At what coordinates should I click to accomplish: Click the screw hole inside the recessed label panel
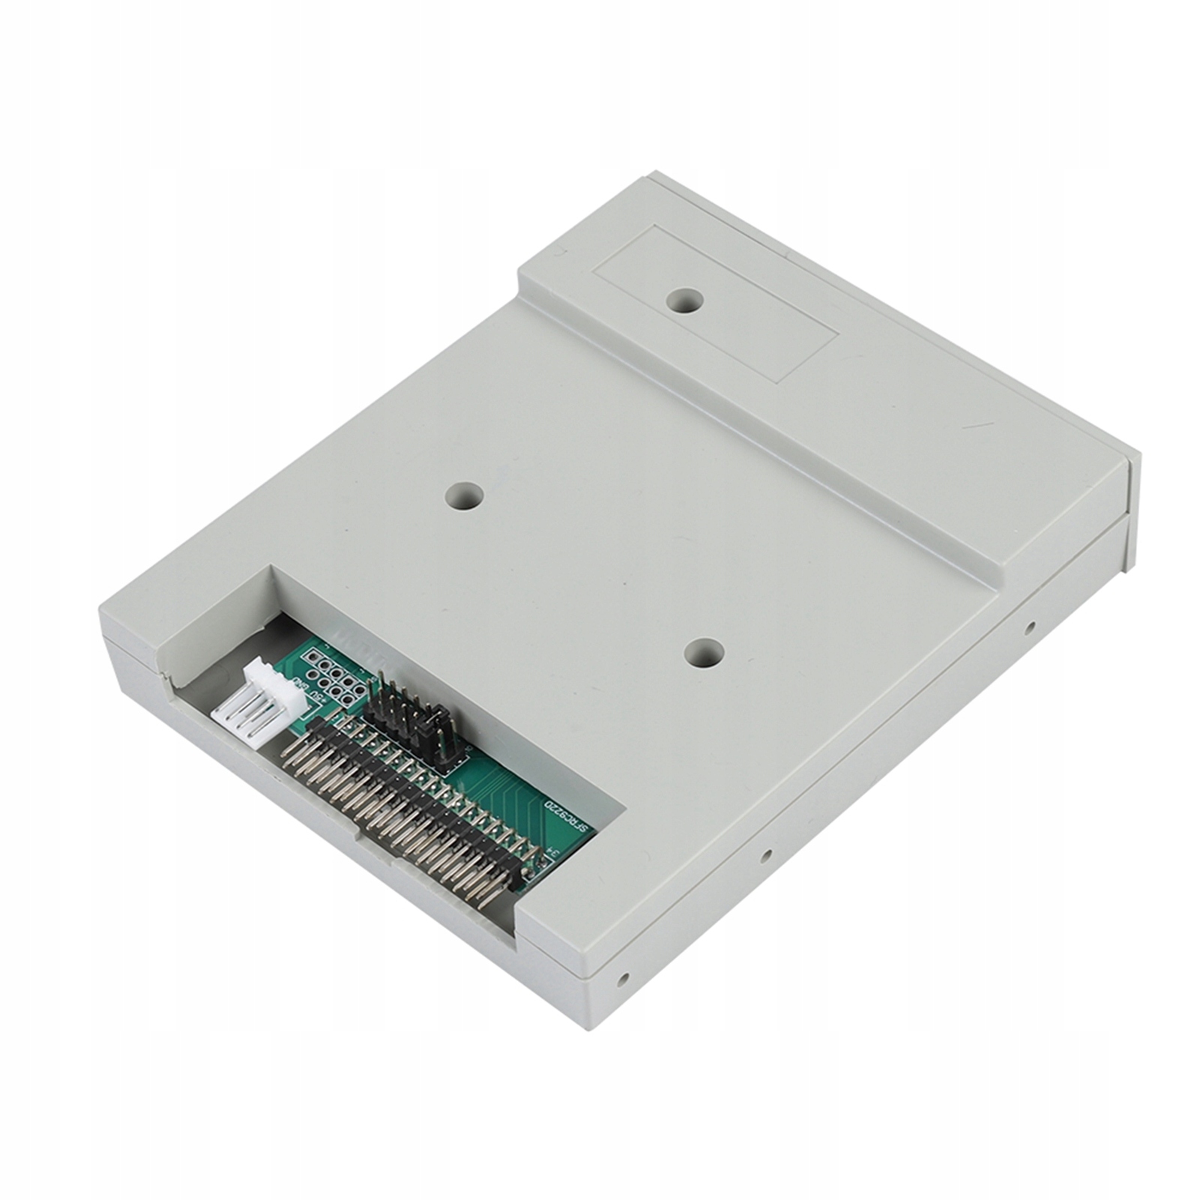pos(685,301)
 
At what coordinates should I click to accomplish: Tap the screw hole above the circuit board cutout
pos(465,495)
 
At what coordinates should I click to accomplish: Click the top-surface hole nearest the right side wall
pos(705,654)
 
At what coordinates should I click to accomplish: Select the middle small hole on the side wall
pos(765,854)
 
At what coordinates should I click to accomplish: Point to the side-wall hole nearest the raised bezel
pos(1031,626)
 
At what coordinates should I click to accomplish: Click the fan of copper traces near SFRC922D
pos(517,795)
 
